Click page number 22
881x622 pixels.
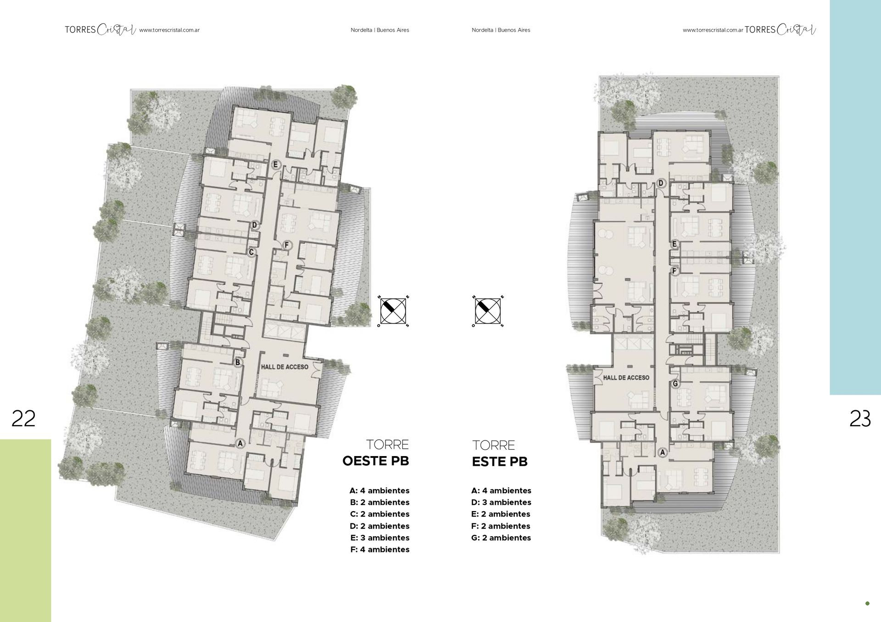23,418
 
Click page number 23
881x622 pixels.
860,418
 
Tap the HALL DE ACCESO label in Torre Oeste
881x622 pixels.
284,367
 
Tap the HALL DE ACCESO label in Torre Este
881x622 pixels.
626,378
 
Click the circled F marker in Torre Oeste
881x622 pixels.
287,245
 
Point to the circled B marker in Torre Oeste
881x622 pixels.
238,363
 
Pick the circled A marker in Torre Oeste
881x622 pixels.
240,443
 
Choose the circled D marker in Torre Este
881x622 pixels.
661,184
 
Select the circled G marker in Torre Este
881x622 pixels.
675,384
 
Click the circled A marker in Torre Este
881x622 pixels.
662,453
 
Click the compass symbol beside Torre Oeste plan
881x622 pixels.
393,311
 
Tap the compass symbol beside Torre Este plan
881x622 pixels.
488,311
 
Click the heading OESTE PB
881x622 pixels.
375,461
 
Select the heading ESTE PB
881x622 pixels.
500,462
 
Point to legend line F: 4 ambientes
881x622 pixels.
379,550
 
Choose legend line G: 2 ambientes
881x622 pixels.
501,538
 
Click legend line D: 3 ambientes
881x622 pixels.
501,502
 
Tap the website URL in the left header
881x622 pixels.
169,30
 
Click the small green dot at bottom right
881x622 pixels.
867,604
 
